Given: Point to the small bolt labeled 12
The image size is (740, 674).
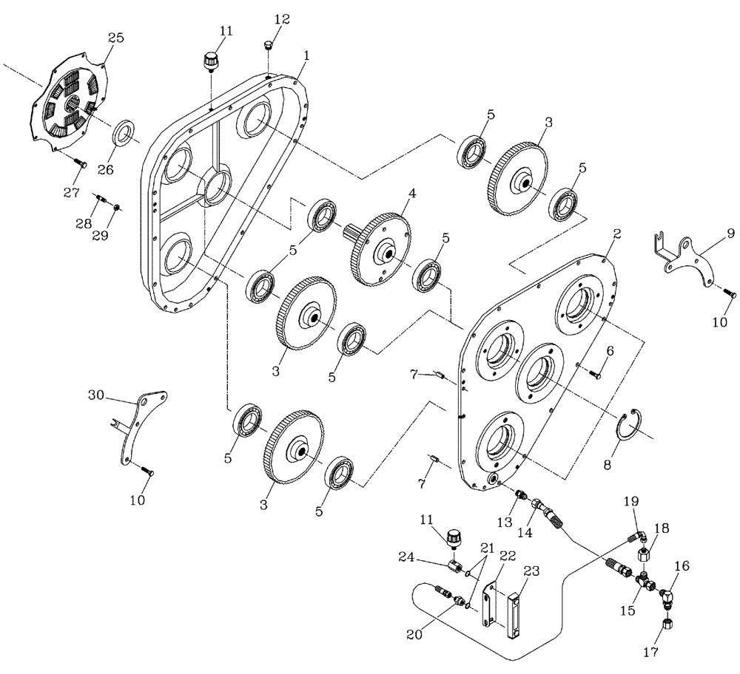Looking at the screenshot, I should [267, 47].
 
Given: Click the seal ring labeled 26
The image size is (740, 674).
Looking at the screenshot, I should [124, 136].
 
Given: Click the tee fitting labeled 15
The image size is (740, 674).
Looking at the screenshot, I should [646, 583].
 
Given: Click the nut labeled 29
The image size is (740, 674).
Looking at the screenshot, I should [118, 207].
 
